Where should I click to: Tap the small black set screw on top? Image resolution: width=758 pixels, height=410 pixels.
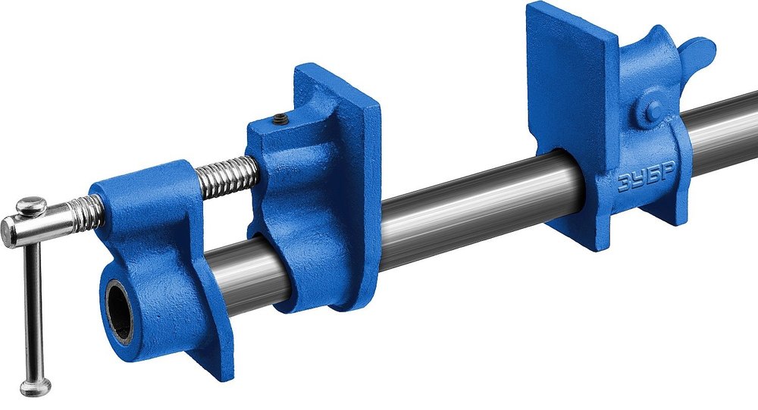coord(281,119)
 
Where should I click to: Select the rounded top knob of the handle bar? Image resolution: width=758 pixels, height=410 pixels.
coord(31,206)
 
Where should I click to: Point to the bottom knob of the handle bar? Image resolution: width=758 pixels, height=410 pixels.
coord(36,387)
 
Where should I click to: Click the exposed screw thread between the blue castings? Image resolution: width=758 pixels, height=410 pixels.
coord(226,177)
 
